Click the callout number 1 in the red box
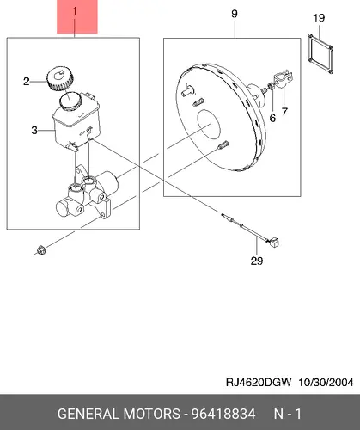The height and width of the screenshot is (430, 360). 75,11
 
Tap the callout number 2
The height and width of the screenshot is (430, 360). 27,82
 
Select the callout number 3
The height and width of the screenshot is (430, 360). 34,131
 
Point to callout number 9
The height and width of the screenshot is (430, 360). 235,14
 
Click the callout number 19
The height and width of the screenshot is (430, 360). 319,18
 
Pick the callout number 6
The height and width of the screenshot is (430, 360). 272,118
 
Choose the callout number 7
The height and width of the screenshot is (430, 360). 284,112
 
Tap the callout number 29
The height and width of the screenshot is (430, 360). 257,261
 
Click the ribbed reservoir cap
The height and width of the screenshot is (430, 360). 60,78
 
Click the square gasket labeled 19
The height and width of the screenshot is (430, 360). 320,53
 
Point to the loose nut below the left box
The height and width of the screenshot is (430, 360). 41,250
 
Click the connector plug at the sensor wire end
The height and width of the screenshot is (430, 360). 274,243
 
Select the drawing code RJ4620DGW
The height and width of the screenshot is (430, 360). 259,383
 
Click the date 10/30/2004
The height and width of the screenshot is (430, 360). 326,383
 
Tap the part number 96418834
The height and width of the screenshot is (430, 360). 223,414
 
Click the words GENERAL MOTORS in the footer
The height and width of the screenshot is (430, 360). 119,414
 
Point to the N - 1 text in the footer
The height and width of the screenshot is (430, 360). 288,414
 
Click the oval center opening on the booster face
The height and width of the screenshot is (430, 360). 210,125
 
